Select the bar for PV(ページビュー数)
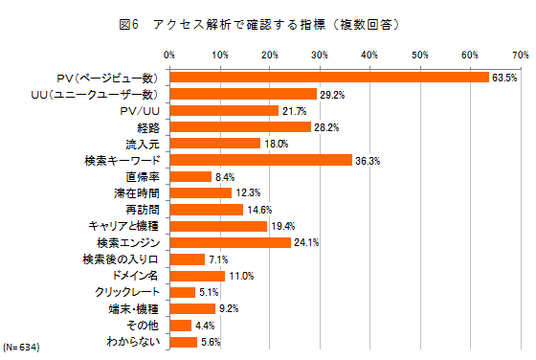point(329,77)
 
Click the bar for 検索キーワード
point(260,160)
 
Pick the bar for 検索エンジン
point(230,242)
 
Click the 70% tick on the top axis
point(520,54)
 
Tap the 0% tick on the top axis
point(169,54)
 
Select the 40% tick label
point(369,54)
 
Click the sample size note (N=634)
point(21,346)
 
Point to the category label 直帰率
point(142,176)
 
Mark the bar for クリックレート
point(182,291)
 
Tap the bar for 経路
point(240,126)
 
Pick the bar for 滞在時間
point(200,192)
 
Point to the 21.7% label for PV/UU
point(295,110)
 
